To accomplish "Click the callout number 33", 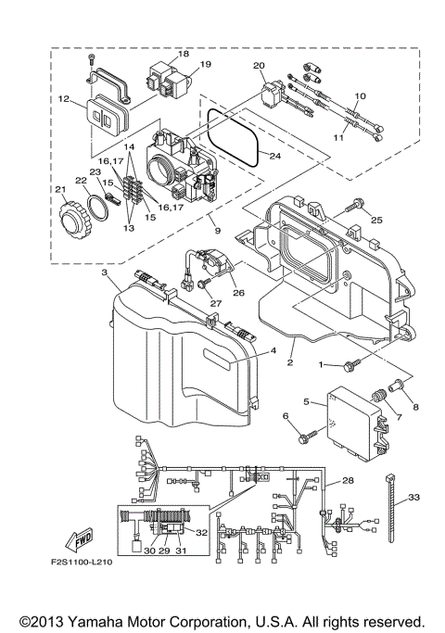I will (413, 498).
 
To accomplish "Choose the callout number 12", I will (64, 99).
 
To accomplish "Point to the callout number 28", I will (349, 481).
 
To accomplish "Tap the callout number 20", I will (259, 66).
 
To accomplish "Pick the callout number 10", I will (360, 96).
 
